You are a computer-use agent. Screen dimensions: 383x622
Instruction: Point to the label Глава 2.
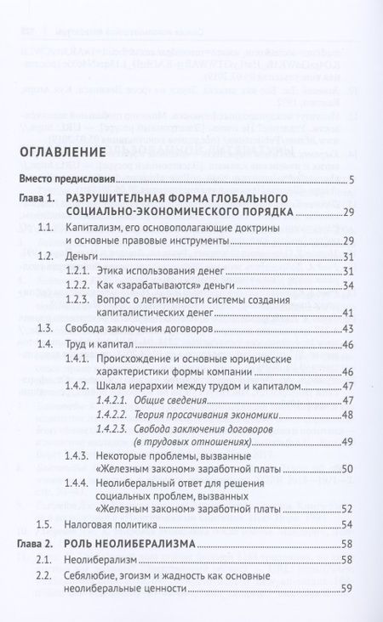[x=39, y=541]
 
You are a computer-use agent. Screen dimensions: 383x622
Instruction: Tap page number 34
[x=347, y=286]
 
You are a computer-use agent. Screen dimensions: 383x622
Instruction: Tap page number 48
[x=347, y=414]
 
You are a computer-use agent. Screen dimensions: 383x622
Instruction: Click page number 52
[x=347, y=510]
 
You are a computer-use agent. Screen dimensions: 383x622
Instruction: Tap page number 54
[x=347, y=525]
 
